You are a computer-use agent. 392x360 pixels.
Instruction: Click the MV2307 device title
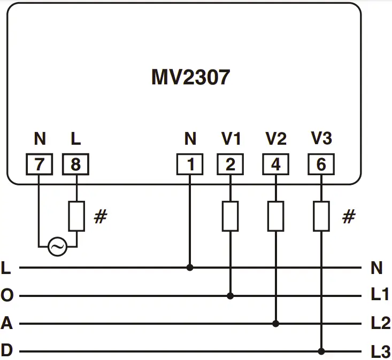tap(190, 77)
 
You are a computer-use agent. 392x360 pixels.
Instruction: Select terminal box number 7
tap(40, 165)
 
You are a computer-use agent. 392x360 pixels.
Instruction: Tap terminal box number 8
tap(76, 165)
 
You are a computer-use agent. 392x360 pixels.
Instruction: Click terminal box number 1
tap(190, 165)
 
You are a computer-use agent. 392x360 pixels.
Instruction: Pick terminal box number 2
tap(230, 165)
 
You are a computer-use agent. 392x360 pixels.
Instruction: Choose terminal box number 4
tap(276, 165)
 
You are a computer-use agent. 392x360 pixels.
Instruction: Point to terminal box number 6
tap(321, 165)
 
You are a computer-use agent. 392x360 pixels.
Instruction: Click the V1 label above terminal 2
tap(231, 139)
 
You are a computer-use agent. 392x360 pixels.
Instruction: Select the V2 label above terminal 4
tap(276, 139)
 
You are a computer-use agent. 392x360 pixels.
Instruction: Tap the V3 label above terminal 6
tap(321, 139)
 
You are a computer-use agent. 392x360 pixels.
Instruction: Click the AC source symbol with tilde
tap(58, 247)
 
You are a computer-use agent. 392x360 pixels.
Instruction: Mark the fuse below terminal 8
tap(76, 216)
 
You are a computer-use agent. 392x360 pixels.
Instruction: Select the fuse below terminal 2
tap(230, 216)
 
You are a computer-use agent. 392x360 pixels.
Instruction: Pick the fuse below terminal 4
tap(276, 216)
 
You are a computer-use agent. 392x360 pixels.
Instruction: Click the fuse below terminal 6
tap(321, 216)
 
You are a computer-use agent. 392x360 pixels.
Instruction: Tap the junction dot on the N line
tap(190, 267)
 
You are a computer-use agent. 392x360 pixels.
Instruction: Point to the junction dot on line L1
tap(230, 295)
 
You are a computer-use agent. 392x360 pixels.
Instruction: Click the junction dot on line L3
tap(321, 351)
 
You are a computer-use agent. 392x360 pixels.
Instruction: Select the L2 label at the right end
tap(380, 323)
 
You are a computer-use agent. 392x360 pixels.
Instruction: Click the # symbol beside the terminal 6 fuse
tap(348, 217)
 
